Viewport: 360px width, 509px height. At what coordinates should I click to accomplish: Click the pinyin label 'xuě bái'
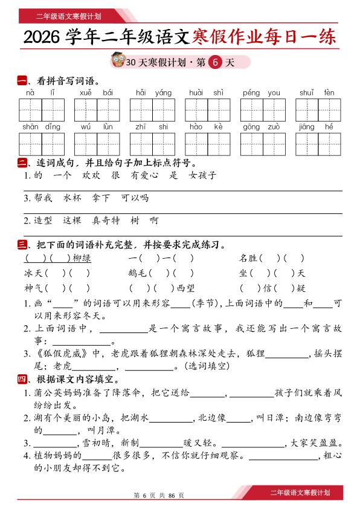[x=96, y=93]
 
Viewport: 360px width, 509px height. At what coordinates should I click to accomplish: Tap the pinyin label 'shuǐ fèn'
[x=317, y=93]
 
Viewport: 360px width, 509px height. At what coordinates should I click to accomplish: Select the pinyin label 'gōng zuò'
[x=262, y=127]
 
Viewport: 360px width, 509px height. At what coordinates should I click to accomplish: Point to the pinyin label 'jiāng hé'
[x=317, y=127]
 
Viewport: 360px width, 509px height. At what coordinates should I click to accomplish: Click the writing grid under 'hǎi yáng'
[x=152, y=109]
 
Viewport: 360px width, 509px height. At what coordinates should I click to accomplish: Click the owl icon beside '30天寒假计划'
[x=118, y=61]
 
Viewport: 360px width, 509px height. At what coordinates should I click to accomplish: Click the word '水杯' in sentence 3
[x=72, y=198]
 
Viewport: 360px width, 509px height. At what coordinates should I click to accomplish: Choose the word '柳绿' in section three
[x=82, y=258]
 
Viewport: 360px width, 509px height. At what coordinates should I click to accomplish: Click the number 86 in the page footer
[x=172, y=495]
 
